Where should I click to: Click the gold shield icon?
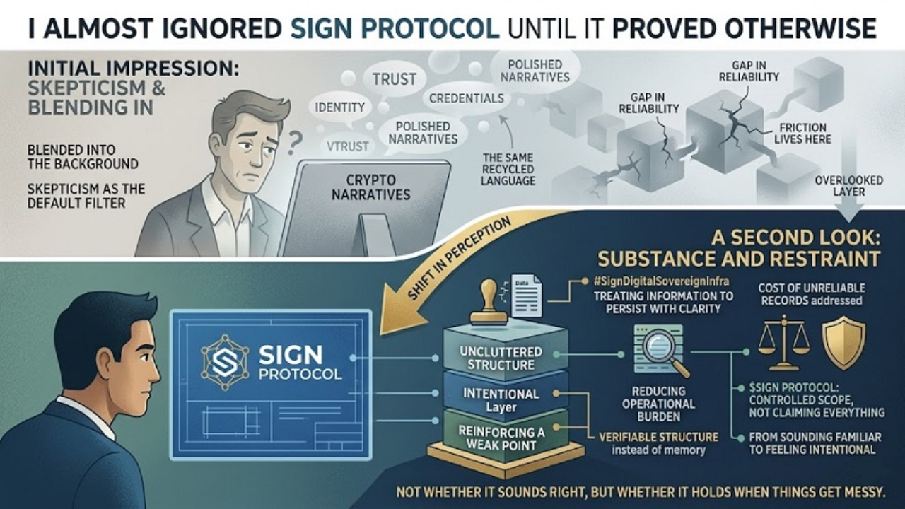[x=844, y=342]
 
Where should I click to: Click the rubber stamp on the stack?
[x=489, y=303]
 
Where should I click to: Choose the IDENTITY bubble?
[x=341, y=108]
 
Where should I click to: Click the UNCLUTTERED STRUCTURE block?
[x=501, y=358]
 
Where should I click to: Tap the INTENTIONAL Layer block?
[x=501, y=400]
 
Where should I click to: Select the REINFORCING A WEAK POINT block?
[x=501, y=438]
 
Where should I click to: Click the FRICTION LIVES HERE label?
[x=803, y=133]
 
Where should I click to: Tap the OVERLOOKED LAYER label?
[x=848, y=186]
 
